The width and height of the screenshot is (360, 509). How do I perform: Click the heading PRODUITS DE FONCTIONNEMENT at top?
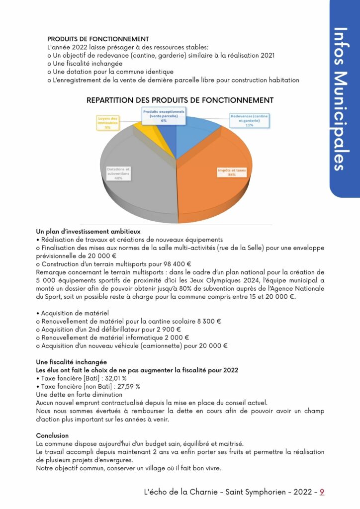(98, 39)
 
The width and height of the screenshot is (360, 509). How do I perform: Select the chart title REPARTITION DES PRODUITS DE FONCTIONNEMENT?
(180, 100)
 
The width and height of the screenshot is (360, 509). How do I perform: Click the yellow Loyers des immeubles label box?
(107, 123)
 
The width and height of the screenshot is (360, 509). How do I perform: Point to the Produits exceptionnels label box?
(164, 116)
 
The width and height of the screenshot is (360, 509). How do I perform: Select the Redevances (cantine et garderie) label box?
(249, 120)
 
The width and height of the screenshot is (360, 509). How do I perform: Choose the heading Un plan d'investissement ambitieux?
(88, 231)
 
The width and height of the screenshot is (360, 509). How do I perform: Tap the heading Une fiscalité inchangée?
(71, 362)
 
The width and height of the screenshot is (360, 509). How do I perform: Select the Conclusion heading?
(52, 435)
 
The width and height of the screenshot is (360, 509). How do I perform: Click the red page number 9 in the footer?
(322, 492)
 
